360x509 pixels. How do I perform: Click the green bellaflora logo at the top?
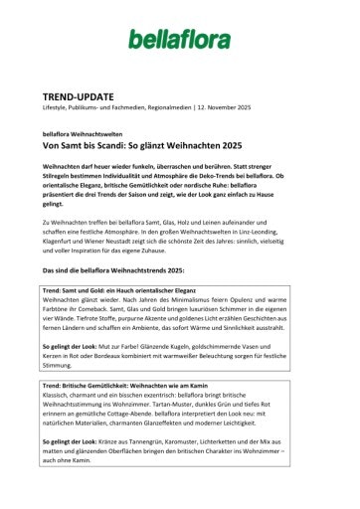tap(179, 39)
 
